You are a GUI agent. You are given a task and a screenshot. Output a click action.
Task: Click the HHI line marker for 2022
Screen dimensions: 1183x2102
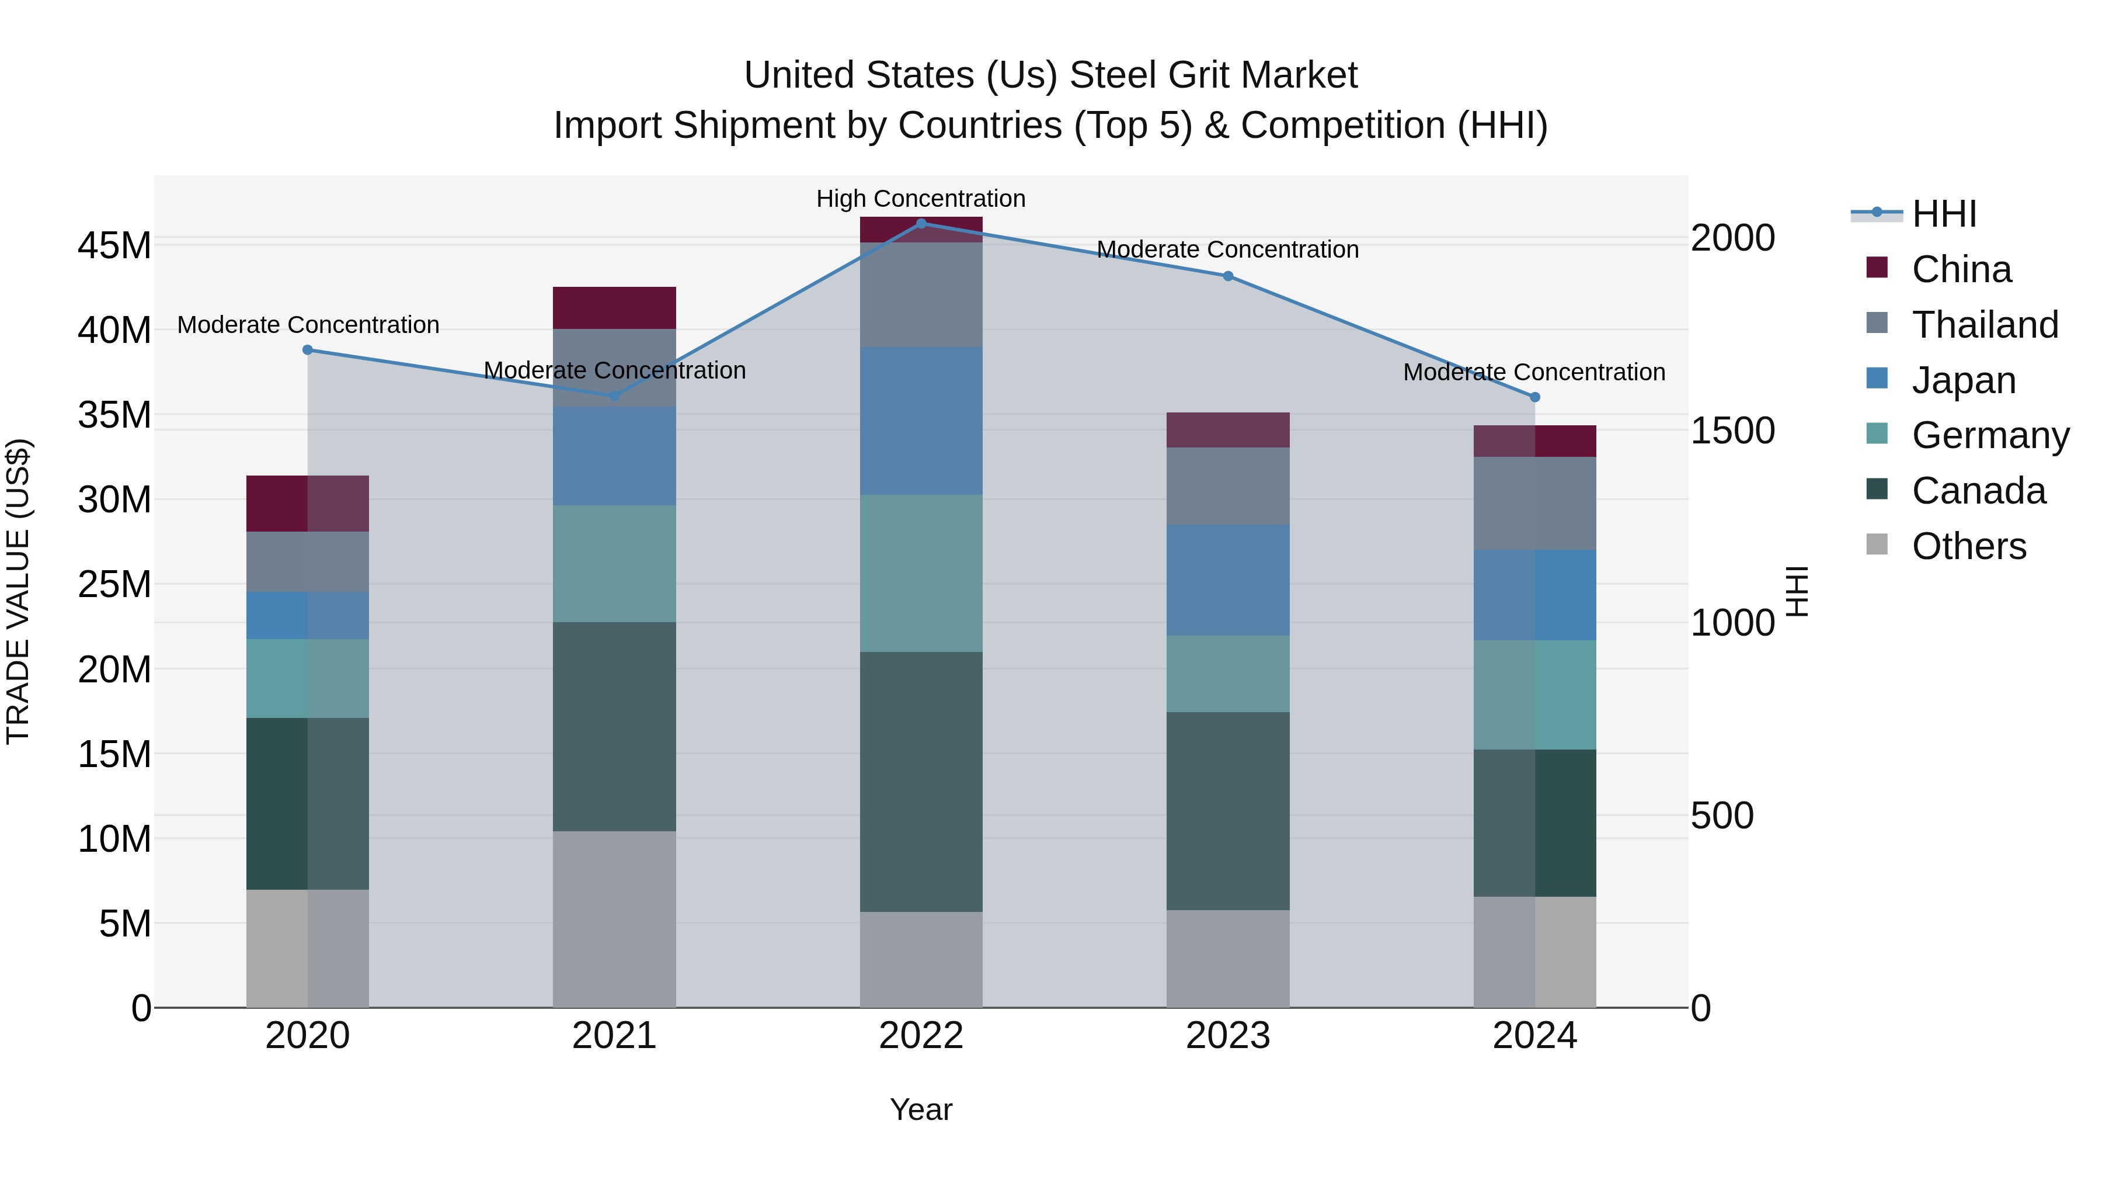click(x=921, y=223)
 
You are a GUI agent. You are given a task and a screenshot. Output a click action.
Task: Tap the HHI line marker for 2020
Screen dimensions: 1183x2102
click(x=308, y=349)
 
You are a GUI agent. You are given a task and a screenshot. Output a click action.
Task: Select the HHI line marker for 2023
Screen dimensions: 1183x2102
click(x=1227, y=276)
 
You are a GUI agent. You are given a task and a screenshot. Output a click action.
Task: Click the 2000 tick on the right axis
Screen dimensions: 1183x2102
click(x=1732, y=238)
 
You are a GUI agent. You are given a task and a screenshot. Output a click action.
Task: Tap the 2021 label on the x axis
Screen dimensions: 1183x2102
click(x=614, y=1036)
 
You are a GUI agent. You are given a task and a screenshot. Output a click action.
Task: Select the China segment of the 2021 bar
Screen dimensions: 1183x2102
click(x=614, y=308)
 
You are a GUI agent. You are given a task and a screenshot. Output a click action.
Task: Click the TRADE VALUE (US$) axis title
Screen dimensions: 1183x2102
click(x=18, y=591)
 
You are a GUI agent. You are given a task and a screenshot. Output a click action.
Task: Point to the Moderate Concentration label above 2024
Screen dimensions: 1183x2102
click(x=1533, y=372)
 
